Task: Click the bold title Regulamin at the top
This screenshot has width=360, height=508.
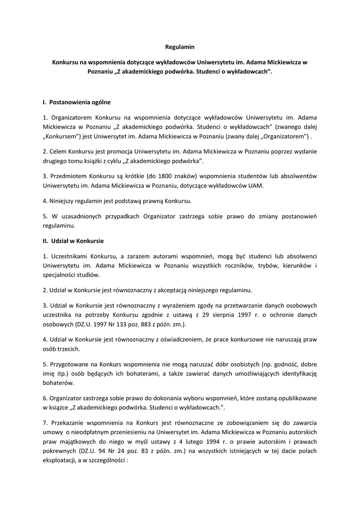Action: (180, 47)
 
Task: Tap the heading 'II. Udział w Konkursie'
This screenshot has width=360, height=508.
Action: (73, 241)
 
